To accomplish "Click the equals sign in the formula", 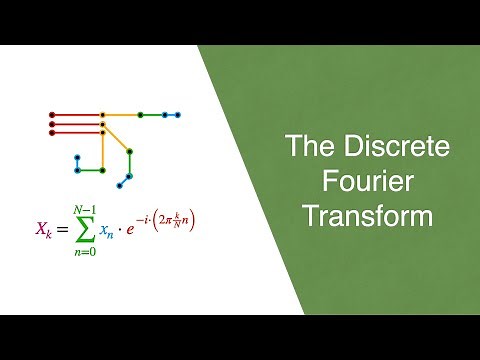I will pos(64,229).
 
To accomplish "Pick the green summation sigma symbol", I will pos(87,229).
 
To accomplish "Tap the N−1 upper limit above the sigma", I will pos(87,207).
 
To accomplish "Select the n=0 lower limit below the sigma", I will pos(87,252).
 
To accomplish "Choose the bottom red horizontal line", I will pos(76,132).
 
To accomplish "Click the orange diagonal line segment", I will pos(116,141).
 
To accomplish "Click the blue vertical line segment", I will pos(77,163).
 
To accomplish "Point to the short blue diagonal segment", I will pos(125,180).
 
